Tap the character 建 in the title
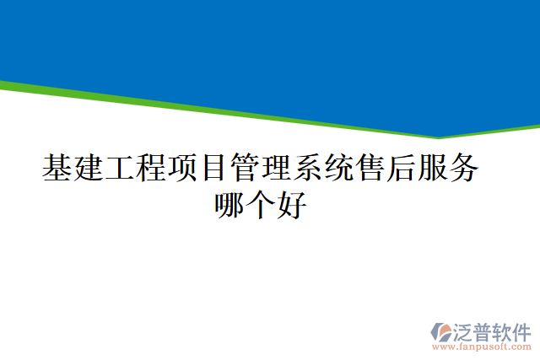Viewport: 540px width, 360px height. pyautogui.click(x=89, y=169)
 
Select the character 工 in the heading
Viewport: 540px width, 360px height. pyautogui.click(x=120, y=169)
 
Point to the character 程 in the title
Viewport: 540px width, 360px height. pyautogui.click(x=151, y=169)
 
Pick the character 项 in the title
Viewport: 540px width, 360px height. pyautogui.click(x=182, y=169)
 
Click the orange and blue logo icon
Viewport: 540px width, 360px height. pyautogui.click(x=440, y=330)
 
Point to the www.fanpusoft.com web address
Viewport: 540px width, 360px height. pyautogui.click(x=482, y=346)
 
